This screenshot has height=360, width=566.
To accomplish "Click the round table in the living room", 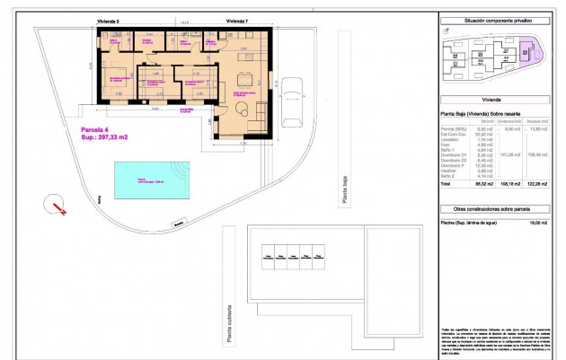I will tap(243, 110).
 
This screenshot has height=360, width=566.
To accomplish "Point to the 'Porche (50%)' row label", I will tap(454, 128).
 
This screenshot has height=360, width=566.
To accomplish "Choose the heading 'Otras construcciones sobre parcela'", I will tap(497, 207).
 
